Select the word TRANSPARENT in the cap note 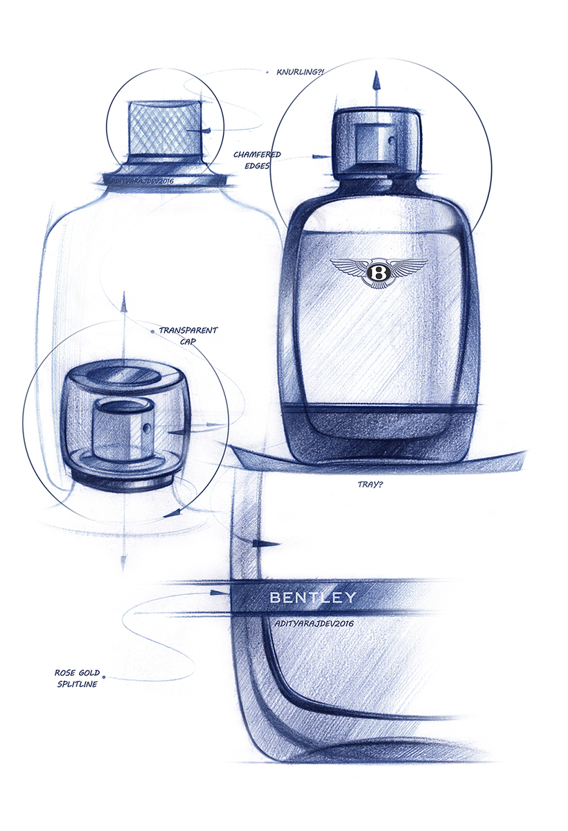[x=188, y=330]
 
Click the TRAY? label [x=368, y=485]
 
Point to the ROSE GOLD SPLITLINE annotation [x=77, y=678]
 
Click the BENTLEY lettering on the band [x=312, y=597]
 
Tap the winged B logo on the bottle [x=379, y=271]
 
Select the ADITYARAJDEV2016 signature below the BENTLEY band [x=310, y=624]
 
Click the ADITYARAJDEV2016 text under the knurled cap [x=138, y=181]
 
